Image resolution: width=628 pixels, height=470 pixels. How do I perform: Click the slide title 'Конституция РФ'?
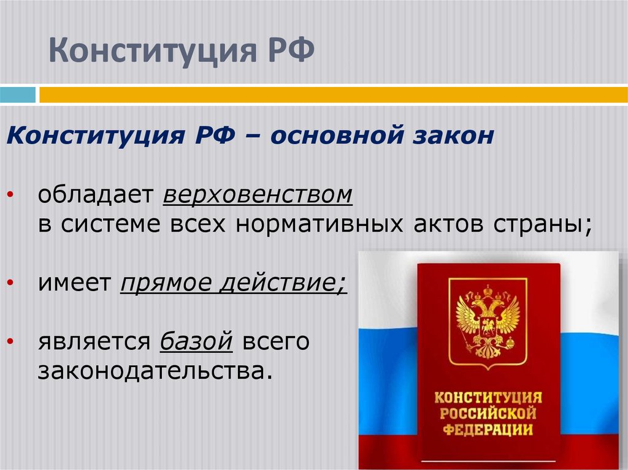click(182, 51)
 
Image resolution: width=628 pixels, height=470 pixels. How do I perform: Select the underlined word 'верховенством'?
click(258, 196)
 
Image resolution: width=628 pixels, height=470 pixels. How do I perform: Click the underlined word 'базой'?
click(197, 341)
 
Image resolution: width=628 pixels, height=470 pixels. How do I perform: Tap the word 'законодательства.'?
click(154, 370)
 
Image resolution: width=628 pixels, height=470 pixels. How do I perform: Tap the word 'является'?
click(94, 341)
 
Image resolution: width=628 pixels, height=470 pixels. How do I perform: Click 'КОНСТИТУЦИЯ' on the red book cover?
click(488, 396)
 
